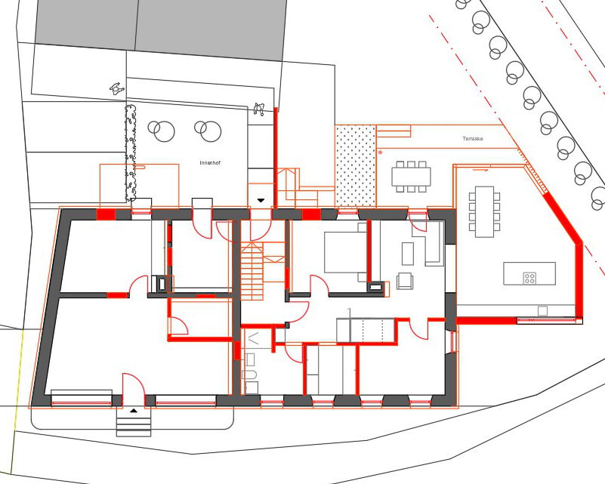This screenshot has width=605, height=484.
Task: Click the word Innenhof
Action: point(210,163)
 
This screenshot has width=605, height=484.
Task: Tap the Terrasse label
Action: point(473,138)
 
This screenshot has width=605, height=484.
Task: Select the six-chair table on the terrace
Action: point(411,177)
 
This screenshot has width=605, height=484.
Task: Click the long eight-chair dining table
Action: point(484,211)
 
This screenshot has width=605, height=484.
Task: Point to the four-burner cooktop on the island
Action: point(529,278)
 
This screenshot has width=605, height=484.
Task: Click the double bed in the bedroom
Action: point(345,252)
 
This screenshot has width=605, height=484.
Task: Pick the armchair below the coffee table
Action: point(405,281)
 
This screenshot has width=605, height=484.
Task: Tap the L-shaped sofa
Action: point(429,244)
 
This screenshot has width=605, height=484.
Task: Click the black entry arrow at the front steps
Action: point(134,410)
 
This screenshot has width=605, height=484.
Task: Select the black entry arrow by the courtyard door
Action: point(261,200)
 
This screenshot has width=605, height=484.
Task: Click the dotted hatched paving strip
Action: point(355,166)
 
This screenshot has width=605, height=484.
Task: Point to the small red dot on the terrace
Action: point(381,153)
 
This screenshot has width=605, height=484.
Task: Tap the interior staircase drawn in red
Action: point(252,271)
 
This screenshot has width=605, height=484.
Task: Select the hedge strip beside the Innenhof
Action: point(131,152)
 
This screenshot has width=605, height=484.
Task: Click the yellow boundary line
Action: point(17,401)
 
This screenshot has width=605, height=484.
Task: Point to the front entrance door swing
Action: point(134,390)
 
